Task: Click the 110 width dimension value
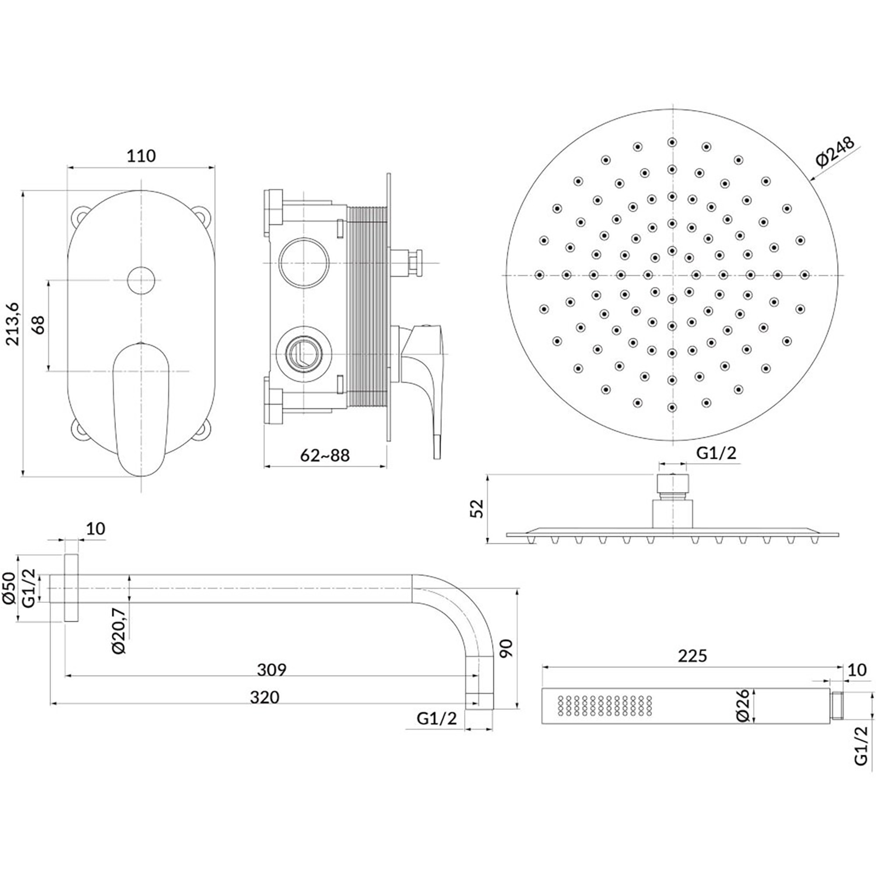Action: [x=141, y=156]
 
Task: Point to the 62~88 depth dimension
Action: [x=325, y=455]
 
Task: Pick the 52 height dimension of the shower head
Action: [x=478, y=509]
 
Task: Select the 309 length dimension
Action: [x=272, y=669]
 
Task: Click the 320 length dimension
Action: [x=265, y=697]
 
